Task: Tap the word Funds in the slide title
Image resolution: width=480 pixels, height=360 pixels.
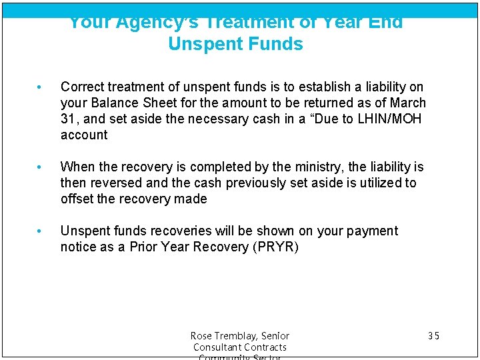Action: click(275, 45)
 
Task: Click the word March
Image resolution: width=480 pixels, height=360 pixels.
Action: click(408, 103)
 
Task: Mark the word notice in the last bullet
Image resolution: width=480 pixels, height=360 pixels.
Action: click(78, 247)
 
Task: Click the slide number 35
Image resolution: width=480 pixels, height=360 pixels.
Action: click(433, 336)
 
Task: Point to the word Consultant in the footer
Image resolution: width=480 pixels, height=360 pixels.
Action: click(215, 347)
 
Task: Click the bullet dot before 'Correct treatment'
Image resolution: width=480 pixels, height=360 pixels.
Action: click(41, 87)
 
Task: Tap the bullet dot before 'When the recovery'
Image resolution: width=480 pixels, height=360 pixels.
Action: click(41, 167)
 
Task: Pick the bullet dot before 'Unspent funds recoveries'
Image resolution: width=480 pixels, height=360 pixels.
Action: click(41, 231)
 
